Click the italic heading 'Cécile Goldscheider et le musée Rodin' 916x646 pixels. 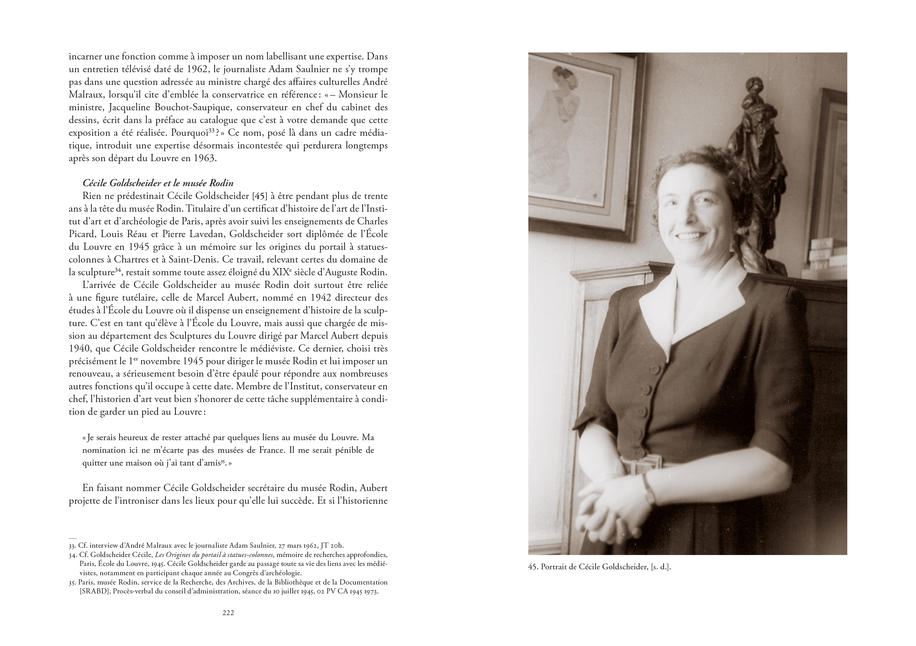158,183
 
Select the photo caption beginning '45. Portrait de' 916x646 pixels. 599,567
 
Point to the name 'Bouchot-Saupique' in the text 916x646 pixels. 196,108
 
